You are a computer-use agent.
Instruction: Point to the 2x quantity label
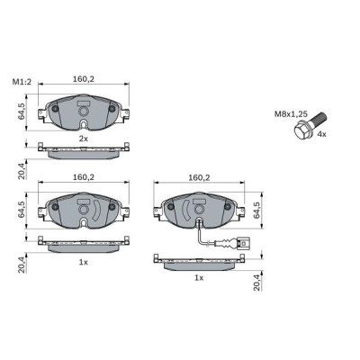point(83,139)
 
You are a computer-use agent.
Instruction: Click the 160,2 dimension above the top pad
point(84,79)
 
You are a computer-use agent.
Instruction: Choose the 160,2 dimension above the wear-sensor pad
point(199,178)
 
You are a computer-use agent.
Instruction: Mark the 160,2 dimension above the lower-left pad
point(84,178)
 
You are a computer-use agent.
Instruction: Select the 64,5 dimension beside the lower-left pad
point(21,211)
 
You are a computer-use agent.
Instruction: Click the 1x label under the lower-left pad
point(83,261)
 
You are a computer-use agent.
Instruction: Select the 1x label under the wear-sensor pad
point(199,278)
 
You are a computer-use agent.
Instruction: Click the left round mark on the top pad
point(56,111)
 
